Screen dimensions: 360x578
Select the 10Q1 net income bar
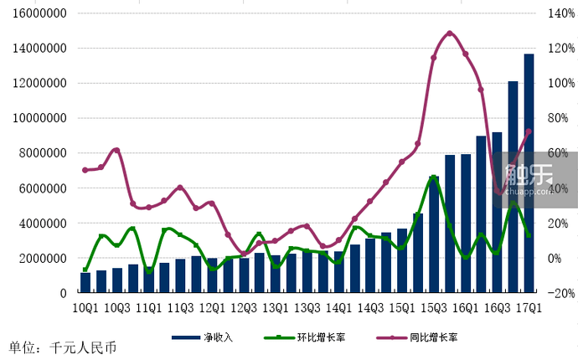[x=85, y=283]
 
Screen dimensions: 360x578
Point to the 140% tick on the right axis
[x=560, y=13]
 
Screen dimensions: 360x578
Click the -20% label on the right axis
[x=560, y=293]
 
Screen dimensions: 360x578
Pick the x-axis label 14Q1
[x=339, y=308]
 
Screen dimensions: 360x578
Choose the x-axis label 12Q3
[x=244, y=308]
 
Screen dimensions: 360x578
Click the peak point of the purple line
[x=450, y=33]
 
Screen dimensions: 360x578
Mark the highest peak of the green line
[x=434, y=177]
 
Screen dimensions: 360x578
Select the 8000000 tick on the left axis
[x=43, y=153]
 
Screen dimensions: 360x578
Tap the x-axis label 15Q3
[x=434, y=308]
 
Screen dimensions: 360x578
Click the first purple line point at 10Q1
[x=85, y=170]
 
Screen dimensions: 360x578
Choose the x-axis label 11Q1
[x=149, y=308]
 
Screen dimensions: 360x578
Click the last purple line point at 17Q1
[x=529, y=131]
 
